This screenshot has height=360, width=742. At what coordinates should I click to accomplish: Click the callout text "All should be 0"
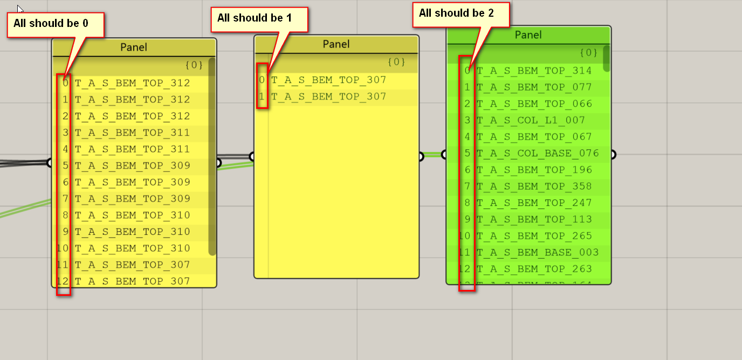[x=51, y=23]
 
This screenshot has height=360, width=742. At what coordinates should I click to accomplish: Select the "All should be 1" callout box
[x=255, y=18]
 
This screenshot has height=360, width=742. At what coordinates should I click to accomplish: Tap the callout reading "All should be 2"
[x=456, y=13]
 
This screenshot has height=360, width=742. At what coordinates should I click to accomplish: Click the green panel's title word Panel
[x=528, y=35]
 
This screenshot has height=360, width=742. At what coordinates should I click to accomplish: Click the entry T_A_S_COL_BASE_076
[x=538, y=153]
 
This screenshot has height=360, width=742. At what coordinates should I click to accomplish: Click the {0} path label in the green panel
[x=588, y=53]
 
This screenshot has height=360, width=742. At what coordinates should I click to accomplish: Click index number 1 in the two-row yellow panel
[x=262, y=97]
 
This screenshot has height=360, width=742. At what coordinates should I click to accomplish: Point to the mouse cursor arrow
[x=20, y=9]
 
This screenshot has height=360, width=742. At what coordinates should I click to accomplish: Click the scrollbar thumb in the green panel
[x=606, y=58]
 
